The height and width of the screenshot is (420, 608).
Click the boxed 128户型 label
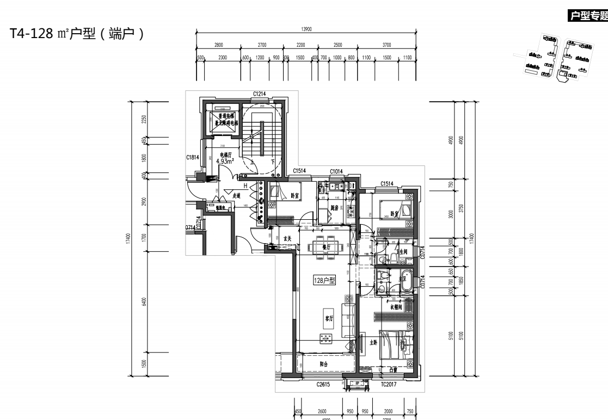(x=325, y=281)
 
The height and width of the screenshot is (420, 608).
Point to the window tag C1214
(x=259, y=95)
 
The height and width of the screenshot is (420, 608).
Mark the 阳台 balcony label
(x=324, y=364)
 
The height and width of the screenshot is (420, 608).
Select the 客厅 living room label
(x=329, y=319)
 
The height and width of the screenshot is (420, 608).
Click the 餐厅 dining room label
(x=327, y=246)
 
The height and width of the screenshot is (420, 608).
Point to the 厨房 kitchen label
(x=335, y=208)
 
